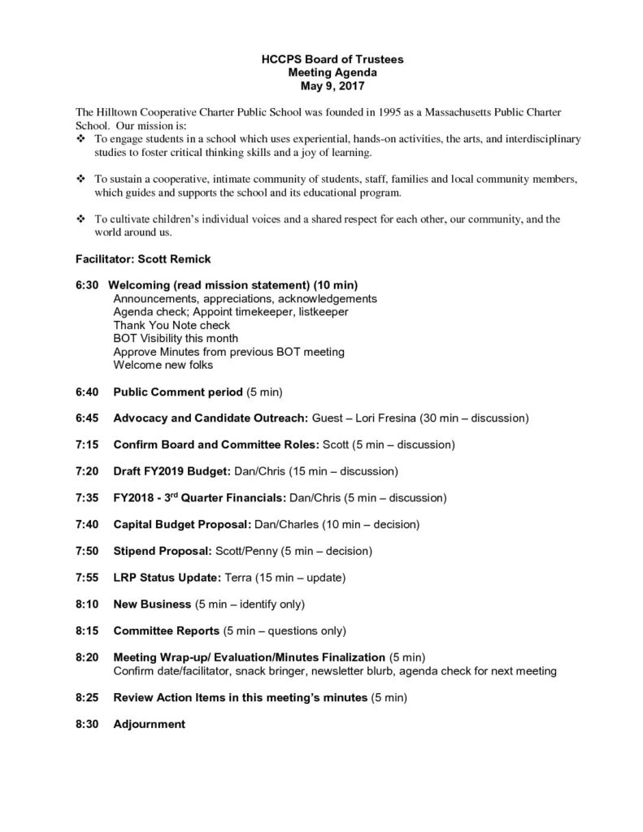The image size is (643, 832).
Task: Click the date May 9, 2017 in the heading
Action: [321, 84]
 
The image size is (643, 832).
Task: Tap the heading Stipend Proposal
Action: [163, 551]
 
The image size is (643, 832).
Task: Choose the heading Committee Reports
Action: [166, 630]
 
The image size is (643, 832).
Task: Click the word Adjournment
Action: [149, 724]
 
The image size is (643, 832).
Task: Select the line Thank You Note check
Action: [172, 325]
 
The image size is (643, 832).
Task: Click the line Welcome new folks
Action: [163, 365]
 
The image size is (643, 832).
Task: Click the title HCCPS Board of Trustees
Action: [321, 59]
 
